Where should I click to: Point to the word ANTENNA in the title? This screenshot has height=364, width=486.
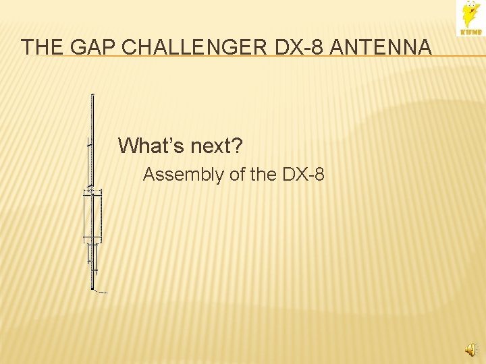(383, 47)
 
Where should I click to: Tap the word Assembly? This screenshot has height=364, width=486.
(184, 175)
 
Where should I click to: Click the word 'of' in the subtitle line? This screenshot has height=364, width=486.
(238, 175)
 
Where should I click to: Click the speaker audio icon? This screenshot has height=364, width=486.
(470, 348)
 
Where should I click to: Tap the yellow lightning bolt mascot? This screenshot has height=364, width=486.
(469, 14)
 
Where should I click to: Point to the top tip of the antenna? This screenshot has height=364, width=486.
(92, 95)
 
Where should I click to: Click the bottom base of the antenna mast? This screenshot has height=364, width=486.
(92, 288)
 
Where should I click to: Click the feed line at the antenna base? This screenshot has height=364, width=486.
(101, 292)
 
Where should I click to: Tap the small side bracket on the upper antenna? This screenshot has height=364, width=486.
(89, 144)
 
